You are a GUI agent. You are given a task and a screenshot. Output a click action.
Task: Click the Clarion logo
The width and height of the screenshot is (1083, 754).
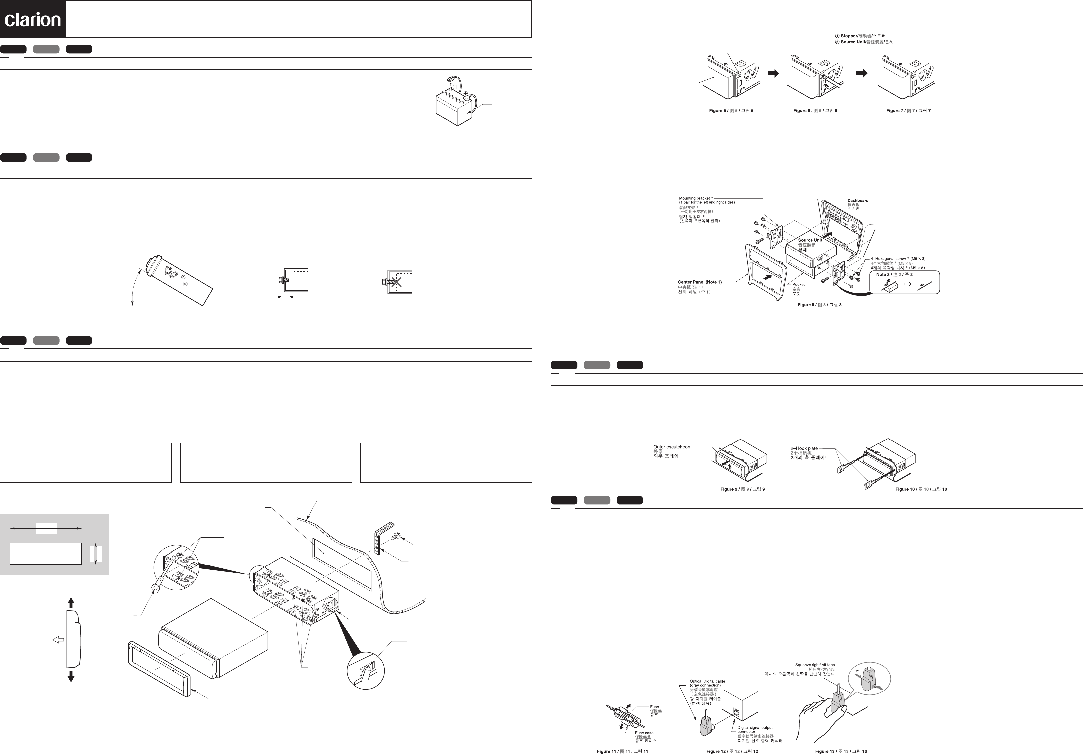33,19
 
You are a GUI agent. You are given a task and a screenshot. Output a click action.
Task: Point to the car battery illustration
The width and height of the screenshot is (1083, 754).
453,106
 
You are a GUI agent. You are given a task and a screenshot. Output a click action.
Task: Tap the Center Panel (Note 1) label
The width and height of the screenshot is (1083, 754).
699,282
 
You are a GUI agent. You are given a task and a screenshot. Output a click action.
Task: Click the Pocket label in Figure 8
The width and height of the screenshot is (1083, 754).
799,285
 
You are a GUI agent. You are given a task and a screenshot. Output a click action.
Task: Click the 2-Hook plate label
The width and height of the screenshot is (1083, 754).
804,448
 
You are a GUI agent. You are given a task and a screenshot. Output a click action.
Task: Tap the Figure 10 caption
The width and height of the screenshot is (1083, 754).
921,489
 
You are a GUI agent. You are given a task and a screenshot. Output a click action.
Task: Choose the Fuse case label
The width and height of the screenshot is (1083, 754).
644,733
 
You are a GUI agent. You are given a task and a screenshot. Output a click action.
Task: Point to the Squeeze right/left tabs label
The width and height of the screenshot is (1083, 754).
814,665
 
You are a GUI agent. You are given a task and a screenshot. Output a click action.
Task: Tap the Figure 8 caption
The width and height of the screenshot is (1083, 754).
819,305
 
